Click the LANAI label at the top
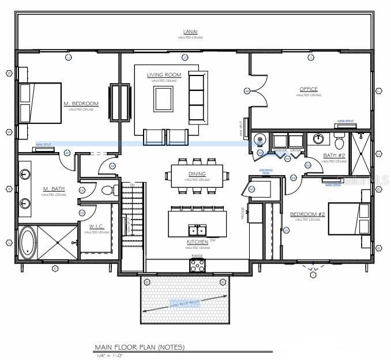[x=190, y=32]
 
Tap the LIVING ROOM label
[x=164, y=75]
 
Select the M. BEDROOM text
[x=81, y=104]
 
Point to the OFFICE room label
[x=309, y=89]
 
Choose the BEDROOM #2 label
[x=308, y=214]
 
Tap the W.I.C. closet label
[x=96, y=226]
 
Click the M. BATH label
[x=53, y=189]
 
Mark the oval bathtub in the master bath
[x=27, y=242]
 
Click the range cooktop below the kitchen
[x=197, y=265]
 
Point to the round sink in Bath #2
[x=318, y=138]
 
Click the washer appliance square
[x=280, y=141]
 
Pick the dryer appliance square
[x=296, y=141]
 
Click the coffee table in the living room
[x=163, y=99]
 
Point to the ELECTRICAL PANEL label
[x=266, y=171]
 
